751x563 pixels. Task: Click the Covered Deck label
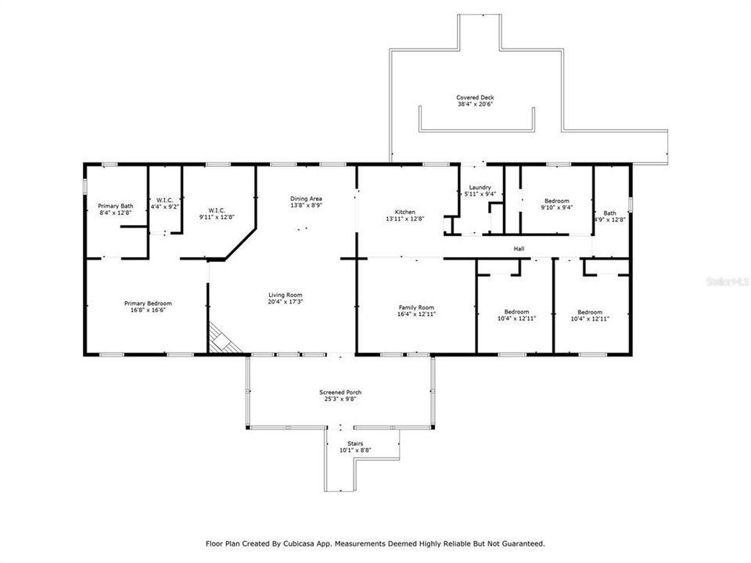475,98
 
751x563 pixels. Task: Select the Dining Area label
306,199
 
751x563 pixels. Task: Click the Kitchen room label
404,212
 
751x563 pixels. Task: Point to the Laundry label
480,188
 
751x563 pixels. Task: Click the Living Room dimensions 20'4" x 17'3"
286,301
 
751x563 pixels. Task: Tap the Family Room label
416,307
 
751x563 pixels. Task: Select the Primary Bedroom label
148,303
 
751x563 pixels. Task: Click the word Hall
519,249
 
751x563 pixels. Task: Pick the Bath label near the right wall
609,213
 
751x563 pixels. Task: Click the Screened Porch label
340,393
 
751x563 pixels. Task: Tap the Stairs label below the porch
356,443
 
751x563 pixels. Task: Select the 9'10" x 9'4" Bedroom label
556,201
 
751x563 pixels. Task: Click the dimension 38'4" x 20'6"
475,104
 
